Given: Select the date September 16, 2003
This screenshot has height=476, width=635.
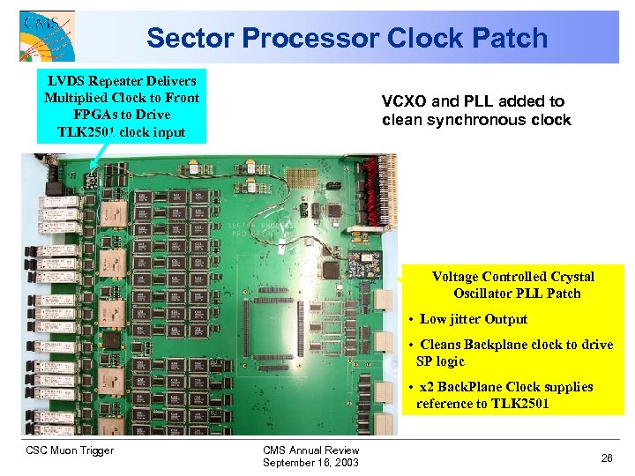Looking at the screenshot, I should (x=310, y=463).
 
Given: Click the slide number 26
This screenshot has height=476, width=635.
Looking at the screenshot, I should (x=607, y=457).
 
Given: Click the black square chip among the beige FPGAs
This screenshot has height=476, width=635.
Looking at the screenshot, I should (x=112, y=340).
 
